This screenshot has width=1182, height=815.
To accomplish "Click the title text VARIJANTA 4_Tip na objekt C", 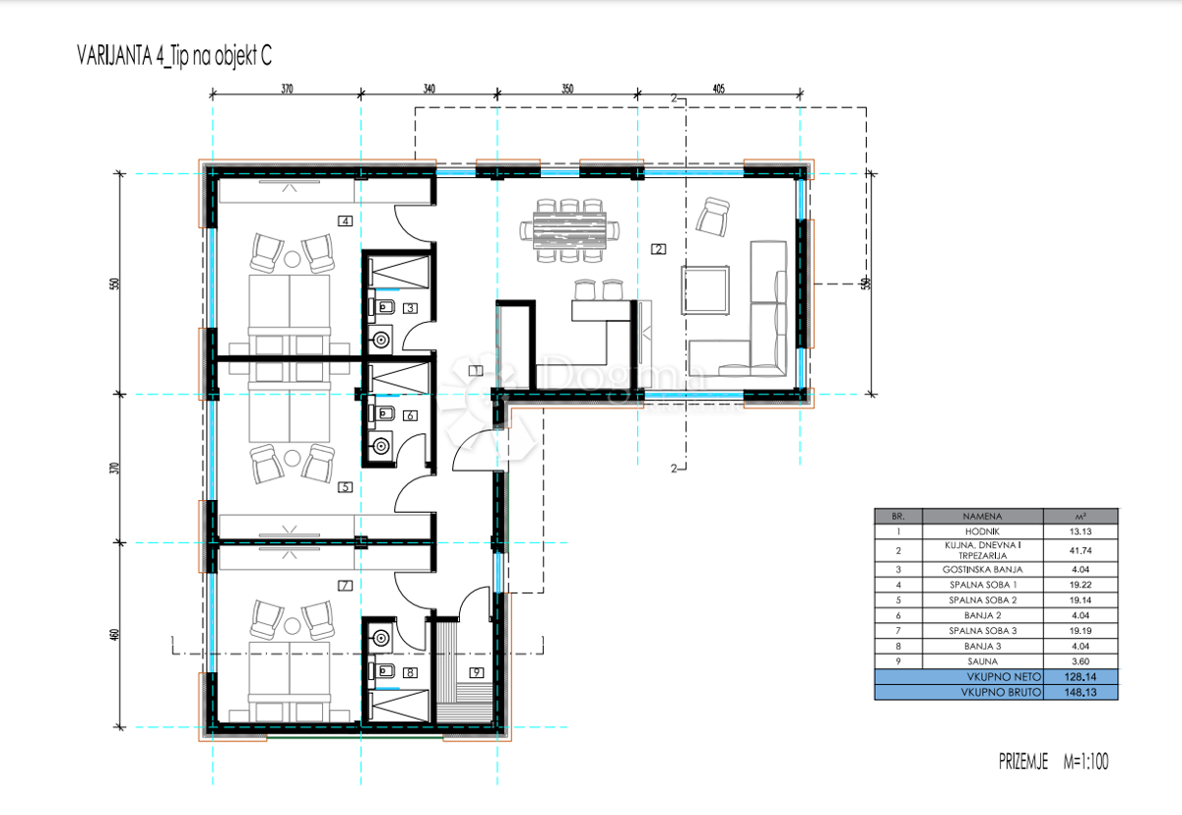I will (x=173, y=56).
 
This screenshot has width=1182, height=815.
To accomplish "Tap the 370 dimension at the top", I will (x=287, y=89).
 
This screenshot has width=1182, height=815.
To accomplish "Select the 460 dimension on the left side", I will (x=115, y=635).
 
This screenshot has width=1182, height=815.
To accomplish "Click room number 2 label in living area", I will (x=658, y=249).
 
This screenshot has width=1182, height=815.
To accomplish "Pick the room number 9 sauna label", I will (x=476, y=673).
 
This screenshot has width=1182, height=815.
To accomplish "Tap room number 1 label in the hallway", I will (x=476, y=370).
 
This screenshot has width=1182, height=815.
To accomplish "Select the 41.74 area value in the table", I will (x=1080, y=550).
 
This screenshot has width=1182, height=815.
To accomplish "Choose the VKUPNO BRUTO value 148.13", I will (x=1080, y=693).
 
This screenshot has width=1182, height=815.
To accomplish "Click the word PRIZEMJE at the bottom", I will (x=1023, y=762).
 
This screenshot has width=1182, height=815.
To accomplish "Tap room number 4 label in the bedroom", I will (x=345, y=220).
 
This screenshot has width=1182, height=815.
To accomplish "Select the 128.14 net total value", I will (x=1080, y=677).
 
